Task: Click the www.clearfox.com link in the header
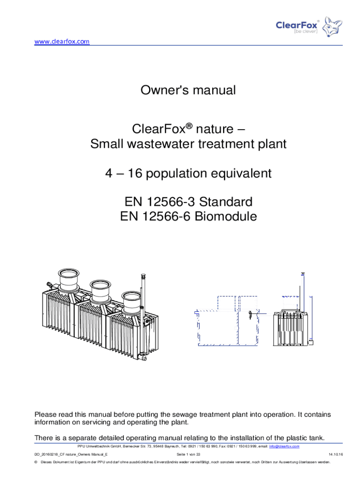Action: tap(62, 41)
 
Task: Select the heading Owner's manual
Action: tap(188, 90)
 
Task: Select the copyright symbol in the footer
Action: tap(36, 462)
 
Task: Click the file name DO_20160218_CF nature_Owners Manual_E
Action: tap(71, 454)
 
